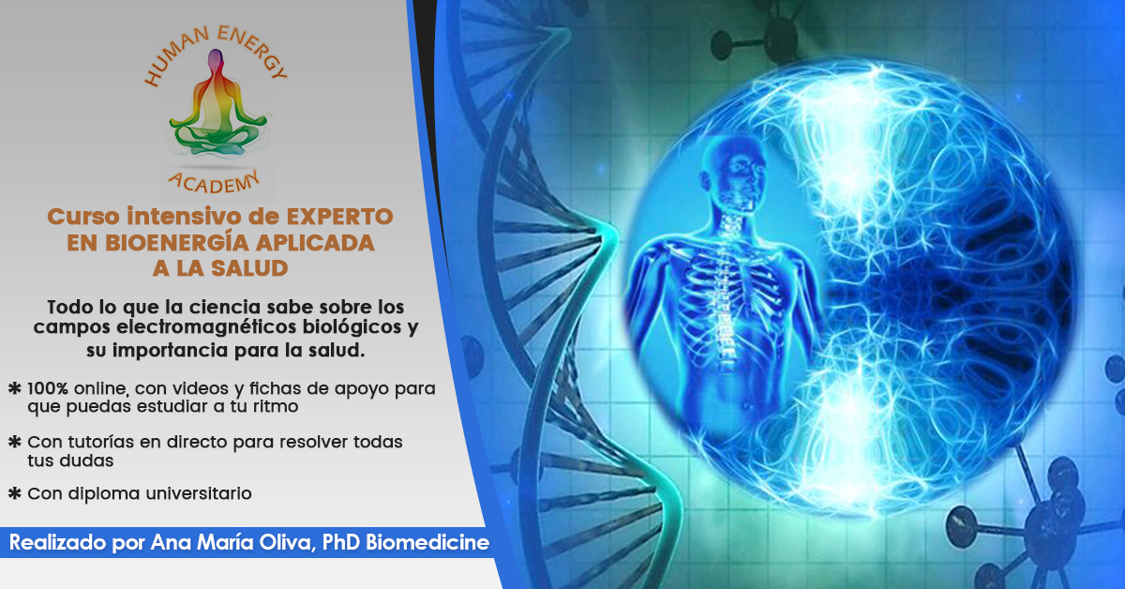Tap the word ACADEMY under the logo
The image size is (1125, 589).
pos(215,183)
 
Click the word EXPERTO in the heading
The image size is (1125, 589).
pos(339,217)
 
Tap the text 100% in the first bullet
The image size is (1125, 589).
pos(48,388)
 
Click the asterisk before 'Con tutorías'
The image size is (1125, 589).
pos(15,442)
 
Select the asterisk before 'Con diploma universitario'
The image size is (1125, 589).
pos(15,493)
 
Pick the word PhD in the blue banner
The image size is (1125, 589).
pos(340,543)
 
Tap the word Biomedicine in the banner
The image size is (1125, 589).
pos(427,543)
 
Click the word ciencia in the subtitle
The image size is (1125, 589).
pos(225,307)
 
